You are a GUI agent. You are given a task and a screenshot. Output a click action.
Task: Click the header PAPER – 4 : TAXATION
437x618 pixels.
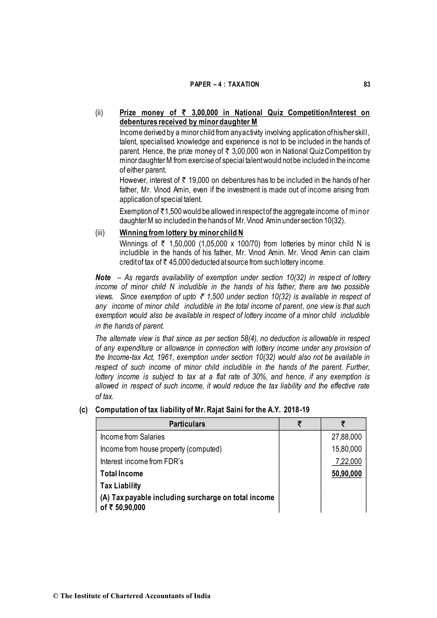[x=225, y=84]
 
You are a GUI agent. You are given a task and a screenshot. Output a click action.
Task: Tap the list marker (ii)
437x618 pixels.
[x=99, y=113]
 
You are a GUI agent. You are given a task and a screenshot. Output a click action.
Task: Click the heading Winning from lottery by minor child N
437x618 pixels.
[x=181, y=233]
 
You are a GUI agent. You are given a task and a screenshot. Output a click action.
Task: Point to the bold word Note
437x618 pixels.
[x=103, y=278]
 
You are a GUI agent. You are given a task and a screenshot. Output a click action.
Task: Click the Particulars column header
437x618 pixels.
[x=187, y=424]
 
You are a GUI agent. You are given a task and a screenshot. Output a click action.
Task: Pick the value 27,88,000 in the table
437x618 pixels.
[x=346, y=437]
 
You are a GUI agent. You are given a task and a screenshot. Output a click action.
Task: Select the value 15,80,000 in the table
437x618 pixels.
[x=346, y=449]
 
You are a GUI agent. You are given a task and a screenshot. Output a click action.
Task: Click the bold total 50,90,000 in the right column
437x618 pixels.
[x=346, y=474]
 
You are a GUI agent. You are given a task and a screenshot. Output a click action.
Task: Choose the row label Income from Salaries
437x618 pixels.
[x=132, y=437]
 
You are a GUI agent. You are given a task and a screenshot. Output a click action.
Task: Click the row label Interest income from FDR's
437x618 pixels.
[x=142, y=462]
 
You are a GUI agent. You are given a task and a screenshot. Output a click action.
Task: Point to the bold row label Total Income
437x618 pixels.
[x=121, y=474]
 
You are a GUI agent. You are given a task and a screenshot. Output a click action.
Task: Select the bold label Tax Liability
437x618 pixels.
[x=120, y=486]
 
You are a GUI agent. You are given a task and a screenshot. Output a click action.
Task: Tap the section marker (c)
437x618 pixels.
[x=84, y=410]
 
